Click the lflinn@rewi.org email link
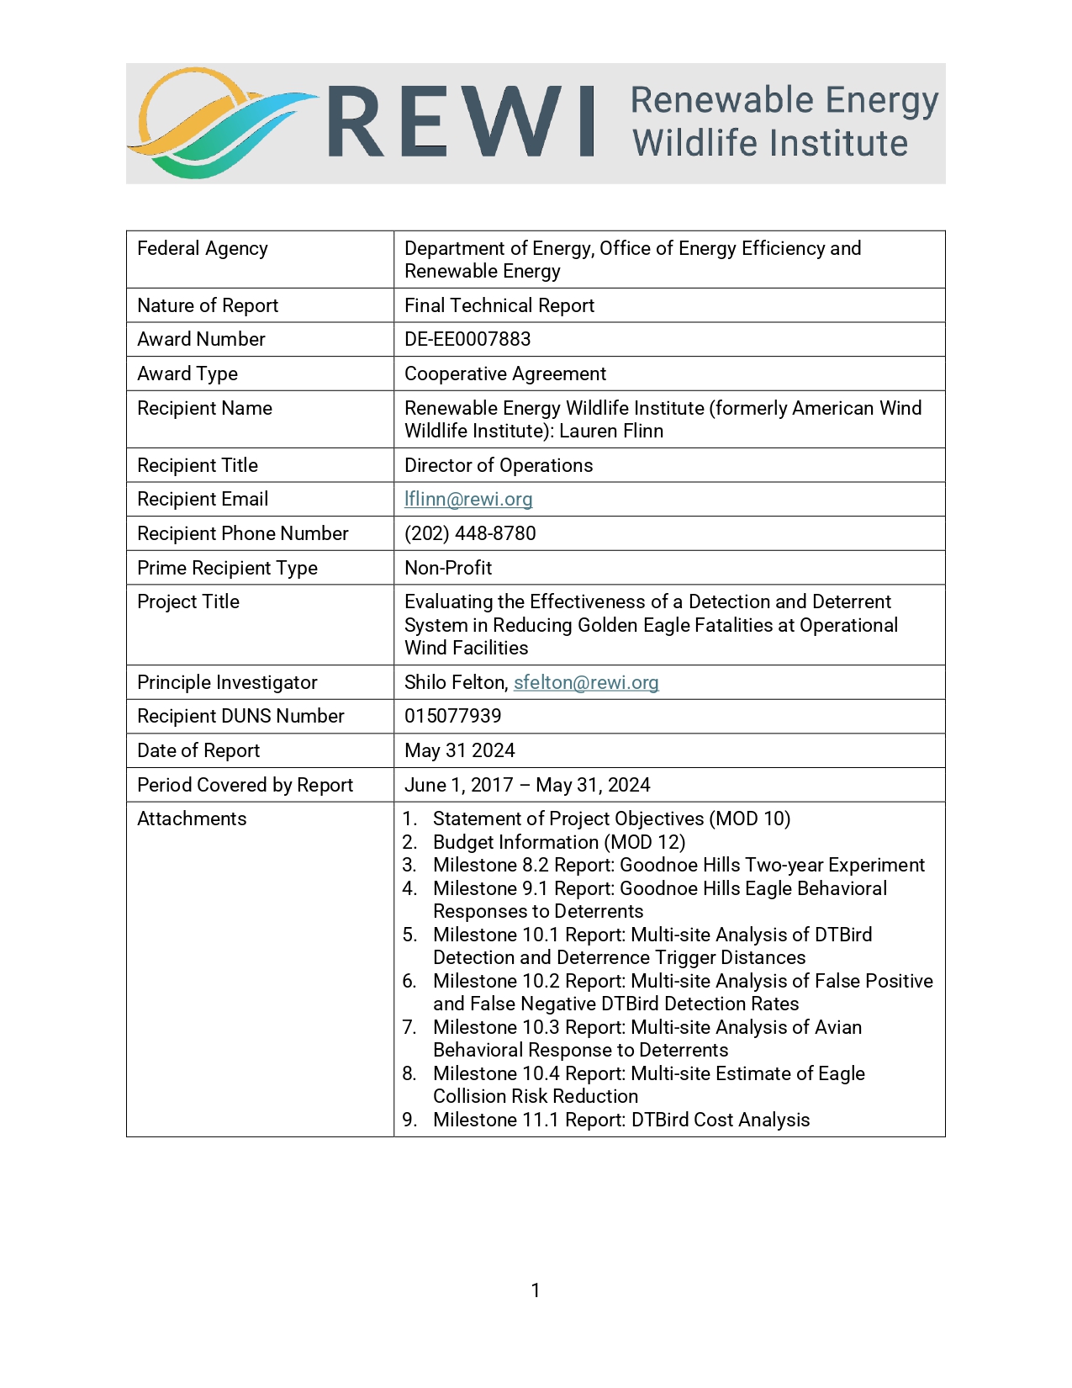[x=468, y=499]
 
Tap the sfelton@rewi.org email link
[x=586, y=682]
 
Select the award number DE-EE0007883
[x=467, y=339]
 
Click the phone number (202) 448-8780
[x=470, y=533]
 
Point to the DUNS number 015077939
[x=452, y=716]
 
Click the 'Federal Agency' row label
[x=203, y=248]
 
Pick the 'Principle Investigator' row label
[x=227, y=682]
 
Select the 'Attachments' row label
[x=192, y=818]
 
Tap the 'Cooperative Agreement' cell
[x=505, y=373]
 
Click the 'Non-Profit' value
[x=448, y=568]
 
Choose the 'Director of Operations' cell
[x=499, y=465]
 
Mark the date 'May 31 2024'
[x=460, y=750]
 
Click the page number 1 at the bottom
[x=536, y=1290]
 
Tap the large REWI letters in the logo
[x=461, y=122]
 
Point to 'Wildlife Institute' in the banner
[x=770, y=143]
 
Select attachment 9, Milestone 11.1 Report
[x=620, y=1120]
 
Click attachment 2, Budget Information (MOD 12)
[x=558, y=842]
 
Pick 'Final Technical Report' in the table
[x=499, y=305]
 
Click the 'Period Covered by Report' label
[x=245, y=785]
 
